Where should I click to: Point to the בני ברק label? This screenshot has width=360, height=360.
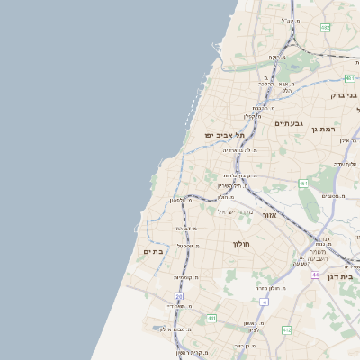344,94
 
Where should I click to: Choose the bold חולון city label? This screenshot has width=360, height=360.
240,244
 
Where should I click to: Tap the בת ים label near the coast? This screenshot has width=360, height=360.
153,252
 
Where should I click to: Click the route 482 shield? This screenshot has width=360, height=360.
325,28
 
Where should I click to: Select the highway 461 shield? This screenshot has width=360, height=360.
303,184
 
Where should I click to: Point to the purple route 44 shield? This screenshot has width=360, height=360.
316,274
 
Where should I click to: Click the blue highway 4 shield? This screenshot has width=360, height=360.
265,301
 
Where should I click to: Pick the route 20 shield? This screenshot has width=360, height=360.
179,296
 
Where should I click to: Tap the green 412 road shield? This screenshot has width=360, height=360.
287,330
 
